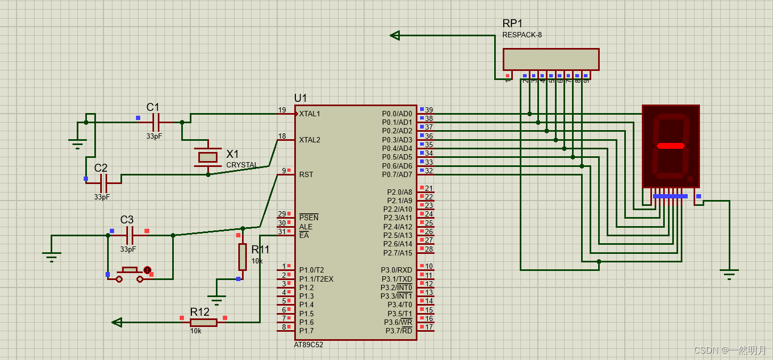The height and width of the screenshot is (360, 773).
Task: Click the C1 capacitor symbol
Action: click(156, 122)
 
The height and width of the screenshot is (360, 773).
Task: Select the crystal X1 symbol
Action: click(208, 157)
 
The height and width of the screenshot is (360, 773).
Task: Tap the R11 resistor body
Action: click(243, 257)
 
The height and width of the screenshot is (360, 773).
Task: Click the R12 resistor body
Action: click(204, 322)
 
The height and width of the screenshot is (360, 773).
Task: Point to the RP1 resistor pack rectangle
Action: click(551, 59)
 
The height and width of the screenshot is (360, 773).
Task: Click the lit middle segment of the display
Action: click(671, 146)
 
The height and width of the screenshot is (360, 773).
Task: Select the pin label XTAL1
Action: click(310, 114)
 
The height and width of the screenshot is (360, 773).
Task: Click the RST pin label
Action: click(306, 174)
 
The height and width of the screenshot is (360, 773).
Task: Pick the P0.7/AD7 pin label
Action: click(397, 174)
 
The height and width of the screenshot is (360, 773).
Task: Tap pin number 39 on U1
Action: click(429, 110)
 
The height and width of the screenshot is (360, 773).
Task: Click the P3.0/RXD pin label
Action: click(397, 270)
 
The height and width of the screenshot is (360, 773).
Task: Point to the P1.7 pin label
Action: click(307, 331)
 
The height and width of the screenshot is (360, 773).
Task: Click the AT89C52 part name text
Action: click(309, 345)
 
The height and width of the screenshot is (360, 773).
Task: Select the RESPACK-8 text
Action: click(522, 35)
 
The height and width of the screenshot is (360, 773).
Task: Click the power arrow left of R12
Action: click(117, 322)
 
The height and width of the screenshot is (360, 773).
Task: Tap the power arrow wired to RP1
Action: click(395, 35)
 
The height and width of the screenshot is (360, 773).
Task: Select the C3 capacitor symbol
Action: click(130, 235)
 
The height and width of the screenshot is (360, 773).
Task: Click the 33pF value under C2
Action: click(102, 197)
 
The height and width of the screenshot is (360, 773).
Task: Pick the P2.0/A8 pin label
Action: click(400, 192)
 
